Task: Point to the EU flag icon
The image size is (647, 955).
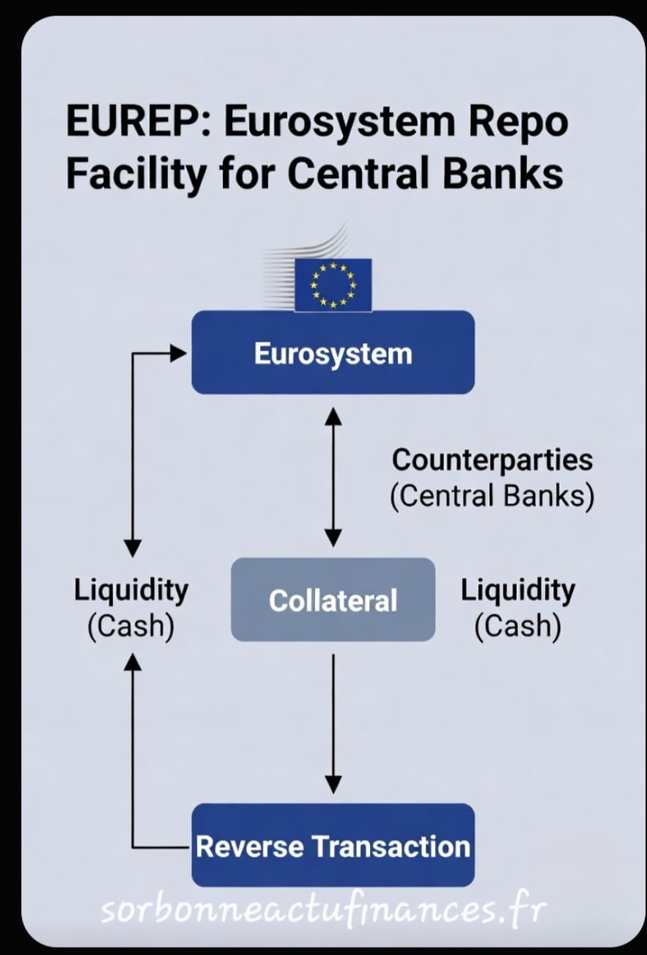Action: tap(333, 285)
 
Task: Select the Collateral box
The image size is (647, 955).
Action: tap(333, 600)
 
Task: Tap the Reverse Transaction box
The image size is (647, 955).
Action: tap(333, 846)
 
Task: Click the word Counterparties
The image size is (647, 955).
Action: tap(492, 460)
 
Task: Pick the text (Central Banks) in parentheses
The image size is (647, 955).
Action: tap(492, 496)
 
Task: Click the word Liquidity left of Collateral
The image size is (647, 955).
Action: tap(131, 591)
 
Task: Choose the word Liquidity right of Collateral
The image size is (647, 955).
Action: tap(517, 591)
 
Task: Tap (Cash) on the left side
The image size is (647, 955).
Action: tap(131, 627)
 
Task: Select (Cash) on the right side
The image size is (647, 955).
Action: tap(517, 627)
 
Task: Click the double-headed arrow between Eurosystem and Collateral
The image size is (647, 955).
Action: tap(333, 477)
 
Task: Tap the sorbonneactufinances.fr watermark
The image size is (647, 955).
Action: tap(323, 910)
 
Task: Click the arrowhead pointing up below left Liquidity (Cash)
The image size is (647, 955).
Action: tap(133, 662)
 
